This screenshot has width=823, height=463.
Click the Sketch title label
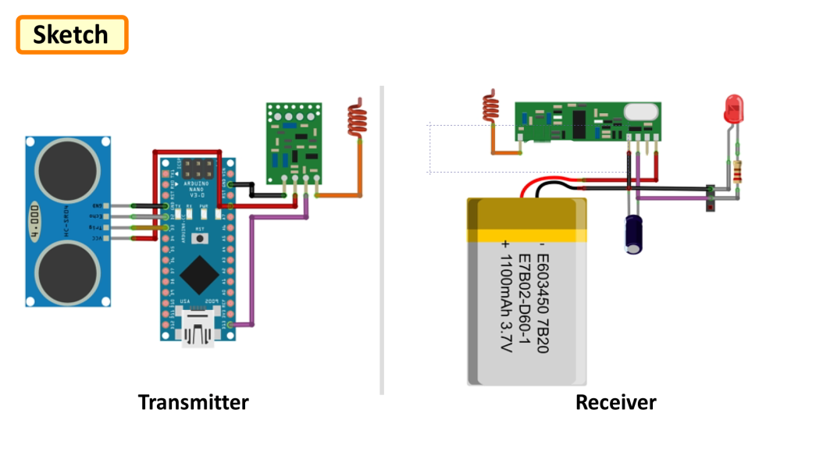pyautogui.click(x=71, y=35)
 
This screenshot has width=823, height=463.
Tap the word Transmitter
pyautogui.click(x=193, y=402)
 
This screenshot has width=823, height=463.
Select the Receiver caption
pyautogui.click(x=615, y=402)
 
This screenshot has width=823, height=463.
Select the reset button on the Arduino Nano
pyautogui.click(x=200, y=237)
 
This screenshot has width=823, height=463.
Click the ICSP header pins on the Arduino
pyautogui.click(x=205, y=167)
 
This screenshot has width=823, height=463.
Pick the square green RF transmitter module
pyautogui.click(x=292, y=139)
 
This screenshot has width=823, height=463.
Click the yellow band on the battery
pyautogui.click(x=526, y=235)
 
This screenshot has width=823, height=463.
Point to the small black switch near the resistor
pyautogui.click(x=710, y=198)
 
